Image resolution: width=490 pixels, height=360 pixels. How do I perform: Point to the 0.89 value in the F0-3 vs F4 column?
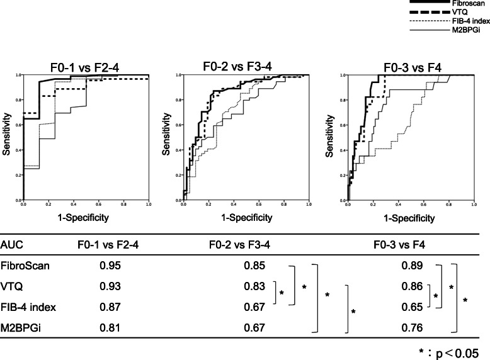tap(412, 266)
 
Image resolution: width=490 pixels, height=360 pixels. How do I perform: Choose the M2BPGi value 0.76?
tap(412, 327)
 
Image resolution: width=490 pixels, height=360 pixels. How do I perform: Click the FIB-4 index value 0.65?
tap(412, 307)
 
